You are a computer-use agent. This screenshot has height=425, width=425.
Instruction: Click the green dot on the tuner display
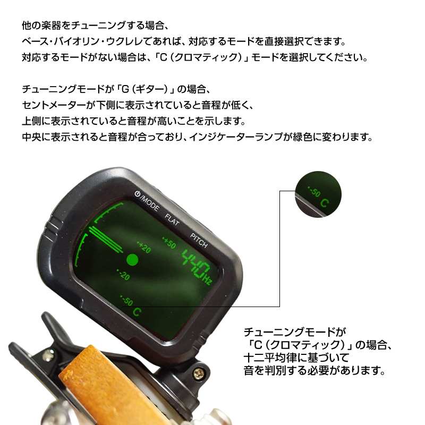point(132,260)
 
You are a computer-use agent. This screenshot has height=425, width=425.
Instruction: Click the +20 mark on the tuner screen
point(144,247)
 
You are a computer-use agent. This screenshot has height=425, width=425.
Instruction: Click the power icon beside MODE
point(137,194)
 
